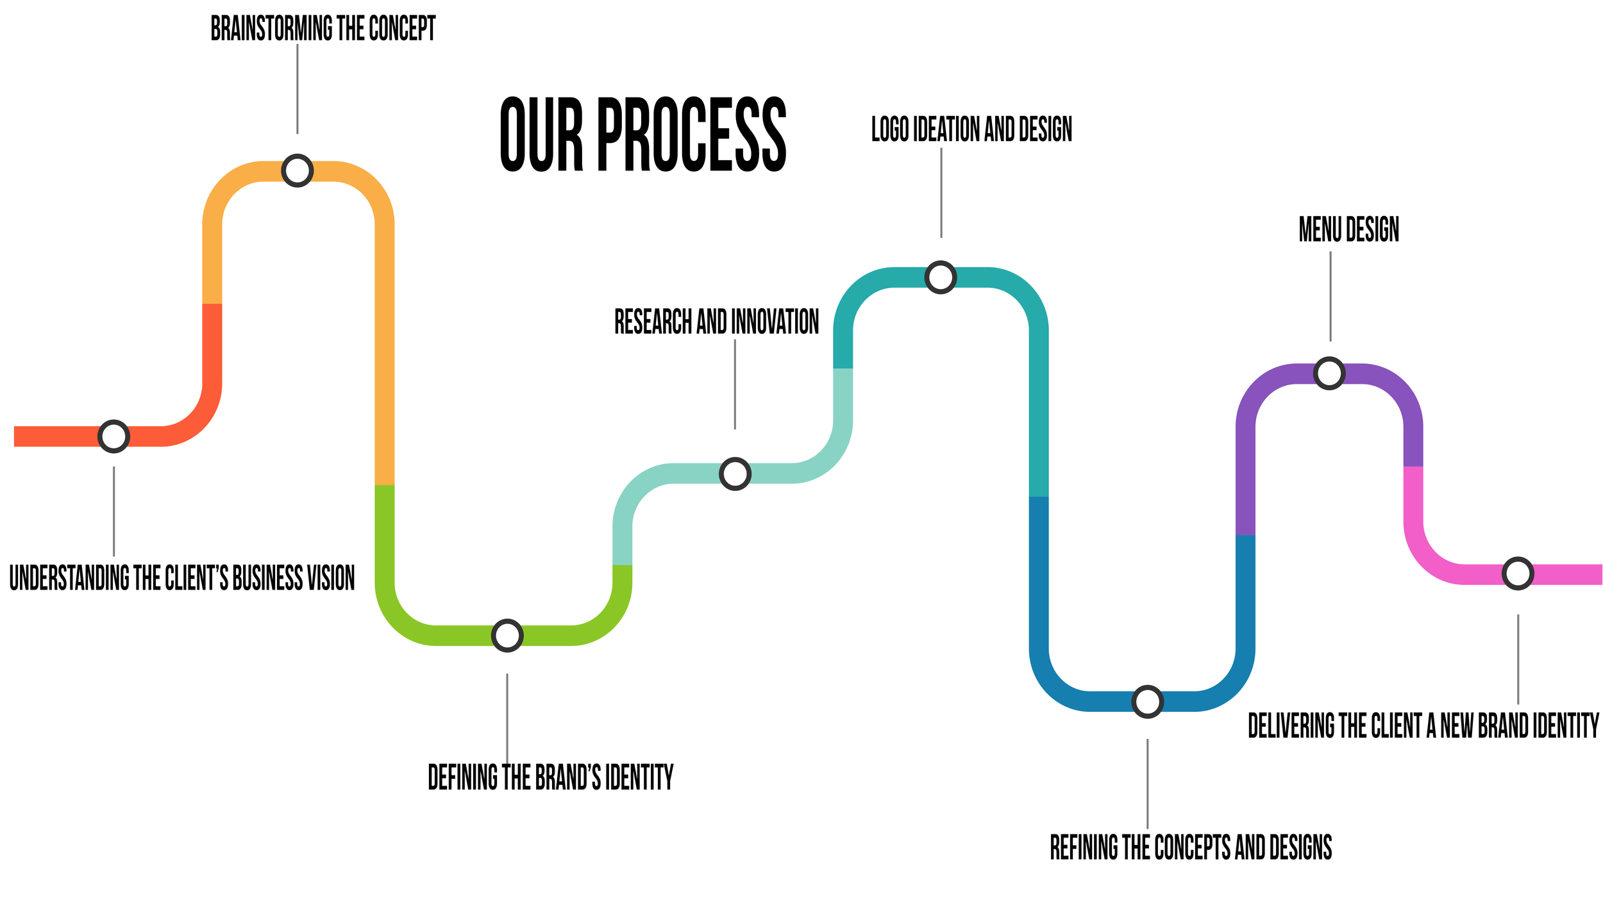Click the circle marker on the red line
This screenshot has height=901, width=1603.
point(113,436)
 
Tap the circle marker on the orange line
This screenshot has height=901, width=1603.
point(298,170)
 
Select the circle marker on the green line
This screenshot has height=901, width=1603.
point(507,635)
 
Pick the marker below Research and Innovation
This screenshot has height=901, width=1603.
point(735,474)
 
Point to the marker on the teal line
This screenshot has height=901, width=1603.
point(941,277)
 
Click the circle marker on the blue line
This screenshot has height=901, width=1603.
point(1147,702)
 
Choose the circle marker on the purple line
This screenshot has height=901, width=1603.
point(1329,373)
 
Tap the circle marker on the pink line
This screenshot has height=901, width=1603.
point(1518,574)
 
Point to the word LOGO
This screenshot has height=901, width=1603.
point(890,129)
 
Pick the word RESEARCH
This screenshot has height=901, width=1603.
point(653,322)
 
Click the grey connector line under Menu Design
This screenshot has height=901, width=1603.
point(1330,296)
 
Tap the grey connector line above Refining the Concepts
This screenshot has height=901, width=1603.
point(1147,784)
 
